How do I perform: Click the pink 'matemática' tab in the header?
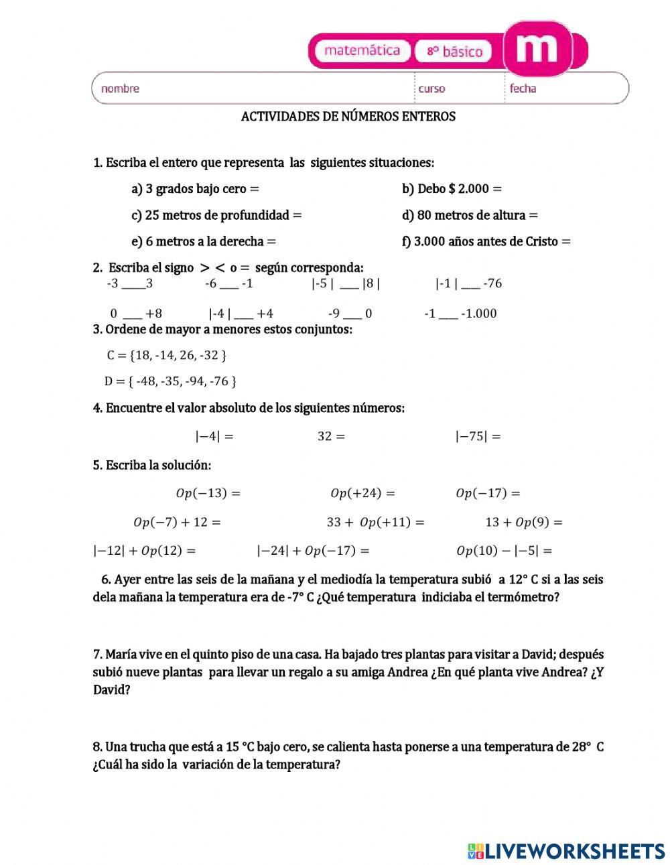pyautogui.click(x=361, y=51)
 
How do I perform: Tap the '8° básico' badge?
pyautogui.click(x=454, y=52)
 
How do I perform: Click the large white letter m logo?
pyautogui.click(x=538, y=47)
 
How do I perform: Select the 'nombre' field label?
pyautogui.click(x=120, y=88)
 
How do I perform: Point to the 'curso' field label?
pyautogui.click(x=431, y=88)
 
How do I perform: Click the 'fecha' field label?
pyautogui.click(x=523, y=88)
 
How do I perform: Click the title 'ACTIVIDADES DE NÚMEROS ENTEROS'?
pyautogui.click(x=348, y=117)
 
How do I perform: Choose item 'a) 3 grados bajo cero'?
pyautogui.click(x=194, y=189)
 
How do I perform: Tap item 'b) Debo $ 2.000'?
pyautogui.click(x=452, y=189)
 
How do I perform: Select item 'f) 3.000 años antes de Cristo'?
pyautogui.click(x=486, y=242)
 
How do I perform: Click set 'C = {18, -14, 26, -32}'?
pyautogui.click(x=166, y=355)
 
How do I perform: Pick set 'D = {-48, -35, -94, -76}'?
pyautogui.click(x=170, y=382)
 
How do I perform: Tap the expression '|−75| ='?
pyautogui.click(x=478, y=436)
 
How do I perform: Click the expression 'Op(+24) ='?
pyautogui.click(x=362, y=494)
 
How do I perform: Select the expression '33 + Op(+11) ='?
pyautogui.click(x=375, y=523)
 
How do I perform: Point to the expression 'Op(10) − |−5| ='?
pyautogui.click(x=504, y=551)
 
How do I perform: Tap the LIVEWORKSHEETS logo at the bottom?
pyautogui.click(x=566, y=851)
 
